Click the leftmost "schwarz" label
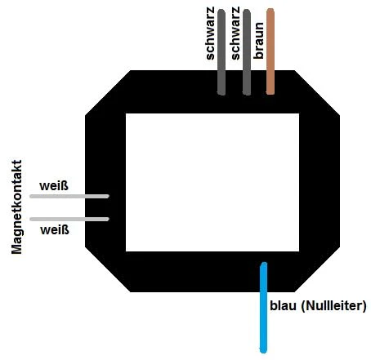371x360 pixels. (210, 33)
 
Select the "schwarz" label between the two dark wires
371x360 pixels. (235, 33)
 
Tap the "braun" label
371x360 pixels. (258, 41)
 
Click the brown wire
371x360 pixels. (270, 51)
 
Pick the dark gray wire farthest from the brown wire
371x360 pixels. (221, 52)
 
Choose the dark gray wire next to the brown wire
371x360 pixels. (247, 52)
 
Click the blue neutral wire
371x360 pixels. (263, 308)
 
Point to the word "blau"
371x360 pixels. (283, 305)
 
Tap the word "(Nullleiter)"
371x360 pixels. (333, 306)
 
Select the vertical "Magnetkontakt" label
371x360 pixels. (16, 207)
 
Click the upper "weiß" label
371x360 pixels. (54, 186)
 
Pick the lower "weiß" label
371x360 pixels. (55, 230)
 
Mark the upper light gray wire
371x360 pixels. (69, 196)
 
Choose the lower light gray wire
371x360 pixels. (69, 219)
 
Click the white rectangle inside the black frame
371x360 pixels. (212, 182)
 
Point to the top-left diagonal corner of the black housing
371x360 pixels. (108, 93)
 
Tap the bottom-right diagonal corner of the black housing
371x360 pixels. (317, 269)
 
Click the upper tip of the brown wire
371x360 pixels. (270, 9)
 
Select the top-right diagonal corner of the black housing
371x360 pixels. (317, 93)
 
